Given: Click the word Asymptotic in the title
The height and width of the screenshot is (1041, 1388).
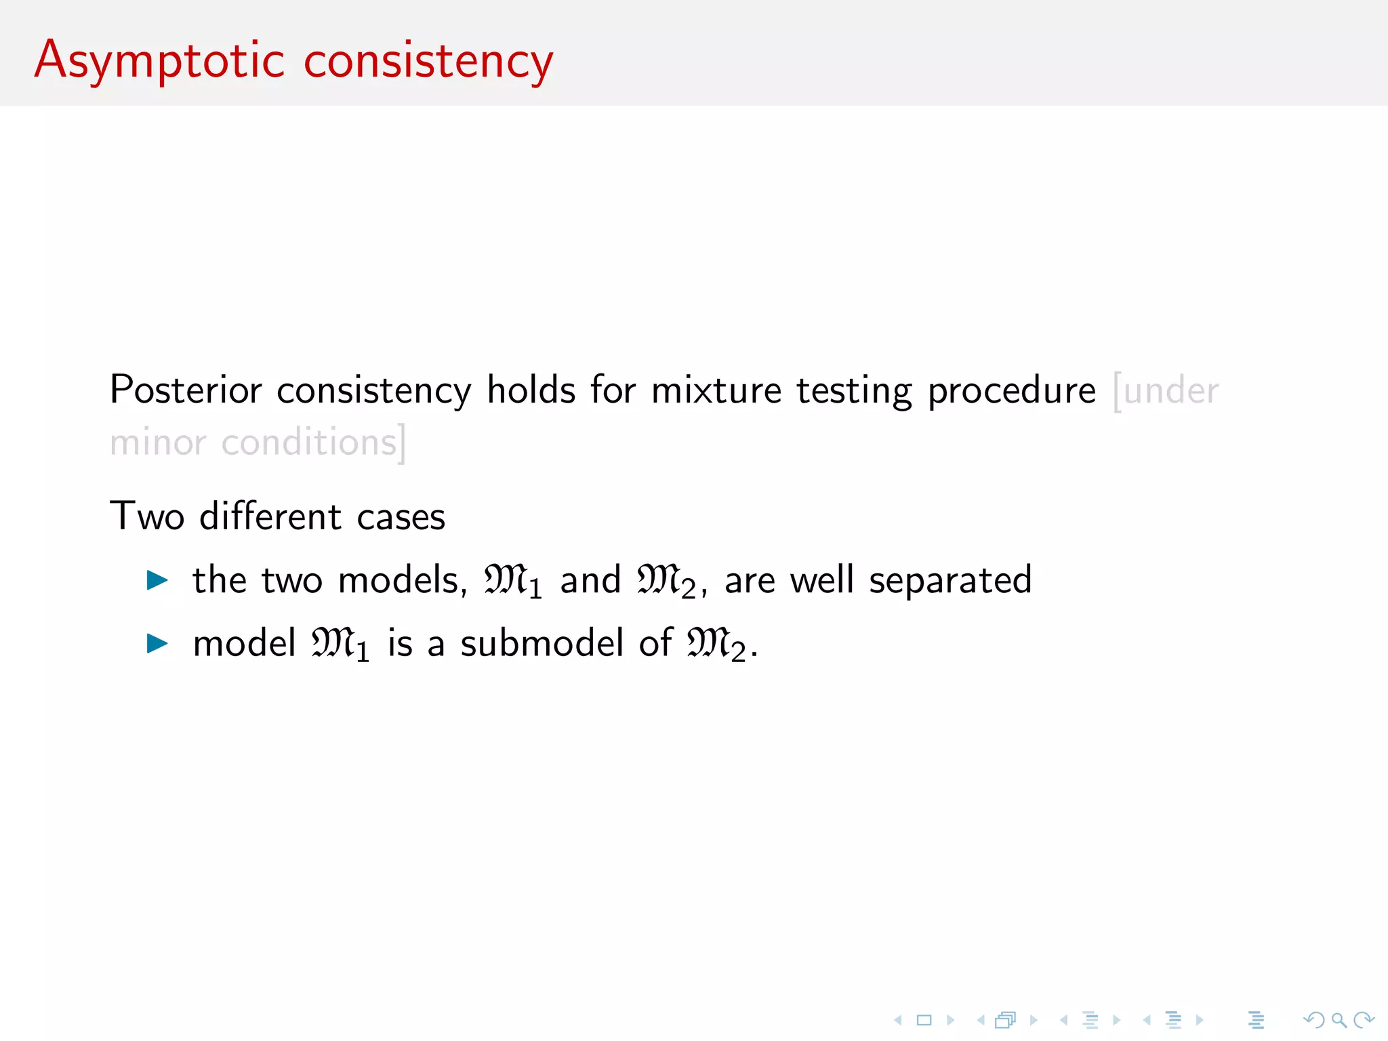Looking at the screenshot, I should [160, 61].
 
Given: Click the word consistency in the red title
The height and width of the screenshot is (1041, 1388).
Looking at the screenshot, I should [428, 61].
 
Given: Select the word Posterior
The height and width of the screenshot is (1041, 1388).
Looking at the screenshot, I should [186, 390].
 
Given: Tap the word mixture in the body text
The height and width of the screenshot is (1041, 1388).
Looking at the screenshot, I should [716, 390].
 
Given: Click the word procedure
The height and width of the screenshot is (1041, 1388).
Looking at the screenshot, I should [1011, 392].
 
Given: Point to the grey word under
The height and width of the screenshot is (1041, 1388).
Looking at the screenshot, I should [1170, 391].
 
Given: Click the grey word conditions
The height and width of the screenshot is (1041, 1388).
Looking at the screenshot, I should [310, 443].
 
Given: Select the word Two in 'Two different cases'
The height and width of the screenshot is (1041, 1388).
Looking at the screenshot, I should [147, 516].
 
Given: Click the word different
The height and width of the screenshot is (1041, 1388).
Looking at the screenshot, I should [270, 516].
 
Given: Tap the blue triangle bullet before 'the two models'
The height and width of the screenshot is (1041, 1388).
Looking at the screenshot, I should [157, 580].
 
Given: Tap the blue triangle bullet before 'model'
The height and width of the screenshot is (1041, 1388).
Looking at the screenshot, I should [157, 643].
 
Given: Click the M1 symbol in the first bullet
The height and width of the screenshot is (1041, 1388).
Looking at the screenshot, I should [512, 581].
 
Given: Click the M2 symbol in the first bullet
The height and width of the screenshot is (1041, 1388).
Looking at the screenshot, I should [666, 581].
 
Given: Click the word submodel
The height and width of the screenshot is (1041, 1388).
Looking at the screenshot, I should [542, 643].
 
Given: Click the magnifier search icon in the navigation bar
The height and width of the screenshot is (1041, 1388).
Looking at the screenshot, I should [1339, 1020].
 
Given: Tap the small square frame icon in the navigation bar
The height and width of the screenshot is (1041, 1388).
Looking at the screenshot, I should [924, 1020].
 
